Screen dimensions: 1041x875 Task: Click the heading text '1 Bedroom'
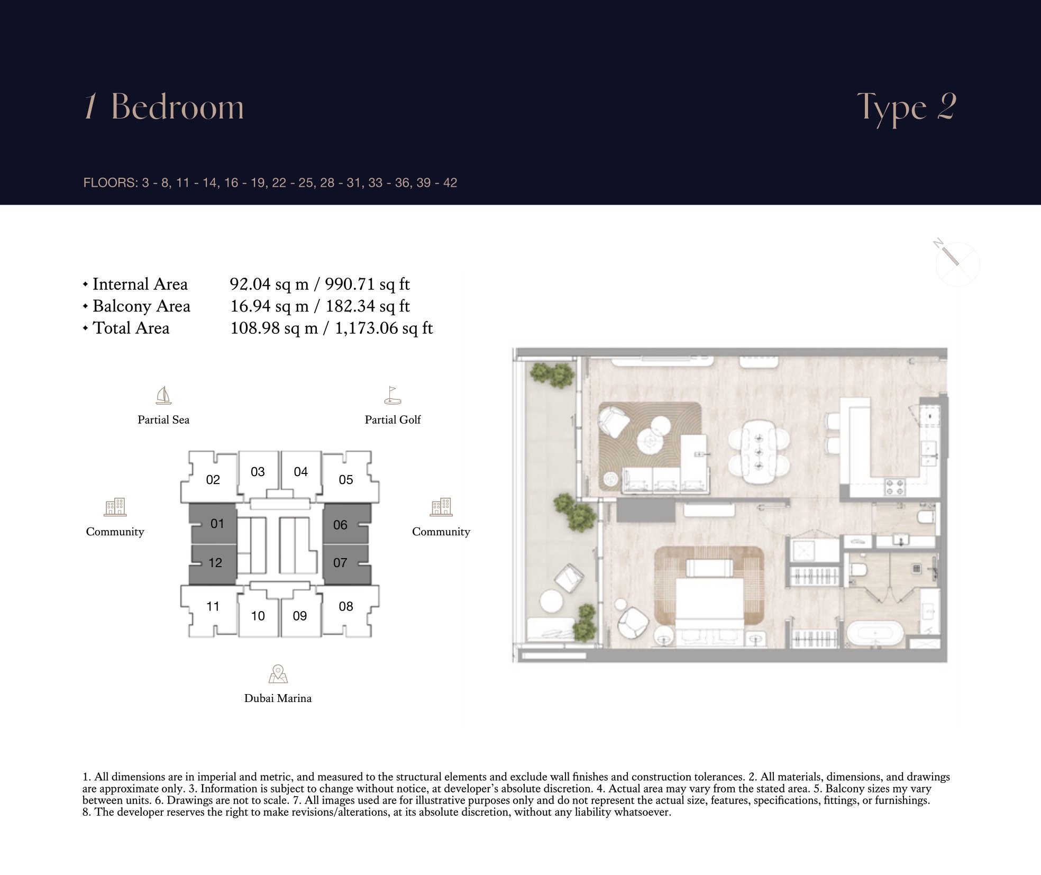point(164,107)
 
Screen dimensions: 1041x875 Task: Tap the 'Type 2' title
point(907,108)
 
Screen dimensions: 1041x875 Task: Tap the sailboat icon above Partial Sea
point(163,395)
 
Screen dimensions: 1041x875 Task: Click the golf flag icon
point(392,395)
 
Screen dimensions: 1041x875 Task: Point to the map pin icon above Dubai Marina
point(278,674)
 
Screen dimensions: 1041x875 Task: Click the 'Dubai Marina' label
point(278,698)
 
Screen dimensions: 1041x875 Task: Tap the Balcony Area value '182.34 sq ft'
point(368,306)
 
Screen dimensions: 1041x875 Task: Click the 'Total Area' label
point(131,328)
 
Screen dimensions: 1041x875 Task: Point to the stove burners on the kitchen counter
point(894,487)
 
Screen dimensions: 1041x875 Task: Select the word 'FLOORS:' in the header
point(111,183)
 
